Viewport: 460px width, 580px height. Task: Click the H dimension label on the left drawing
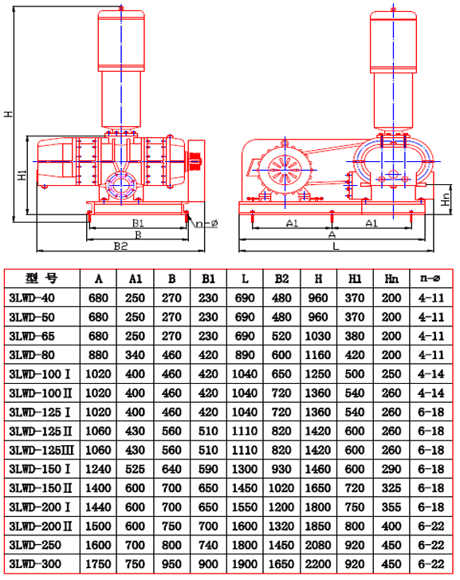(8, 114)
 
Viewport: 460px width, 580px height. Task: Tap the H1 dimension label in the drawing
(22, 175)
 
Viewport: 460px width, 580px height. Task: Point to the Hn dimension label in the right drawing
(446, 199)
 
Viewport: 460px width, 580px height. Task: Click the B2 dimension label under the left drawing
(120, 246)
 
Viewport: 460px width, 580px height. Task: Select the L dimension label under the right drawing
(336, 246)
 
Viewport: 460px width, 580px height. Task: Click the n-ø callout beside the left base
(206, 223)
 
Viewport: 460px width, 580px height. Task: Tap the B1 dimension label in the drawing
(138, 223)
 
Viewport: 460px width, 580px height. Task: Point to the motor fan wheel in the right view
(285, 170)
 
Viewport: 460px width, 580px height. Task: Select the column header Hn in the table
(391, 278)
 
